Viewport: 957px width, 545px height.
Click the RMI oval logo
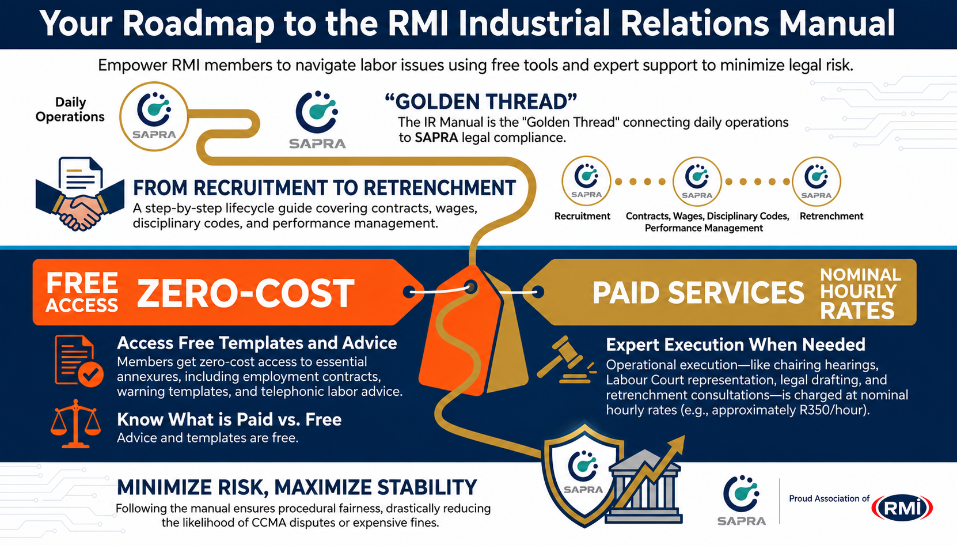(902, 508)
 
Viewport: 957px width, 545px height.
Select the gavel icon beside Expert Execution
(567, 359)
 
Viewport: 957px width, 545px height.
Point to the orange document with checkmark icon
(79, 361)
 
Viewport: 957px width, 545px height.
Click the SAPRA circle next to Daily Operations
(154, 116)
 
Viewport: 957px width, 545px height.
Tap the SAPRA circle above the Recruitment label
(586, 181)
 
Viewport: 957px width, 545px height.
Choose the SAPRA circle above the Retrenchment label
(816, 181)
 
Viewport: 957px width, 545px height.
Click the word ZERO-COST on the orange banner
(245, 293)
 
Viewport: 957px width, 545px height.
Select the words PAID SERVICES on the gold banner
(698, 293)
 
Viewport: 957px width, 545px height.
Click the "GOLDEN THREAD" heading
(481, 102)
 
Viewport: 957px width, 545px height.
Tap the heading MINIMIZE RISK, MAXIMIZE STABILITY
(297, 488)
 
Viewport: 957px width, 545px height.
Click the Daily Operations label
(70, 109)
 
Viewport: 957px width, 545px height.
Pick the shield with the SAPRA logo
(584, 475)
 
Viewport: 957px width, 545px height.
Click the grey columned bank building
(644, 487)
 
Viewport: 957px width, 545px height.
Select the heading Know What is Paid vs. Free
(229, 420)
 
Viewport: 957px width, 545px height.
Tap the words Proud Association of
(829, 498)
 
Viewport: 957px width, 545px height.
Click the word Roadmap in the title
(198, 24)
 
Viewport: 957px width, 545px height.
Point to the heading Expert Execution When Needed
(736, 345)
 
